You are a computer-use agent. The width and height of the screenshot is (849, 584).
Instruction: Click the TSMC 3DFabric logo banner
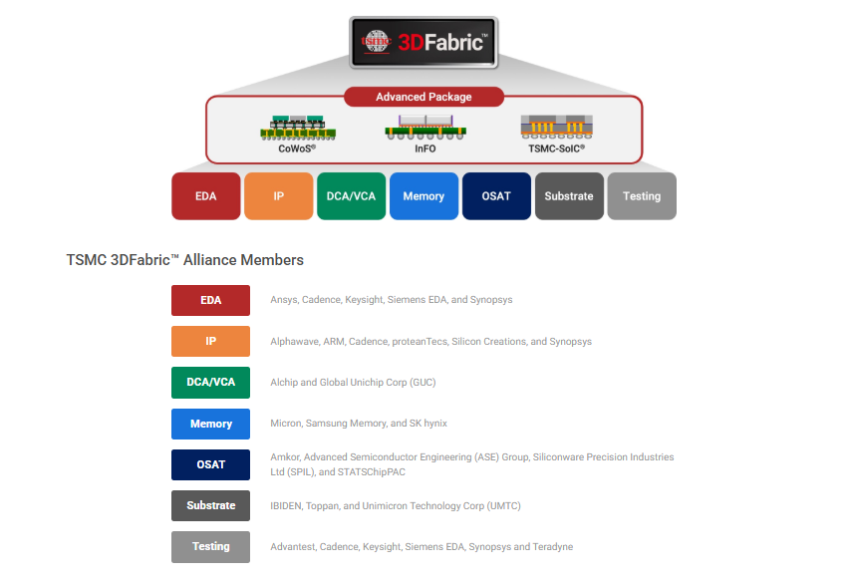point(424,43)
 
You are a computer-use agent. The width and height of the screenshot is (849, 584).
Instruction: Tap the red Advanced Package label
point(424,97)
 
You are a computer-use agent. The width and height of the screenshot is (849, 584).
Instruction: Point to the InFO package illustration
point(424,127)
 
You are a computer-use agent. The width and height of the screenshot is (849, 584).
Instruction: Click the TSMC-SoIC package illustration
point(556,127)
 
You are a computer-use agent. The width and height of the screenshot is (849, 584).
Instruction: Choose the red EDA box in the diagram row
point(206,196)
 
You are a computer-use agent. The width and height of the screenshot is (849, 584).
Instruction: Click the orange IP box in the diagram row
point(278,196)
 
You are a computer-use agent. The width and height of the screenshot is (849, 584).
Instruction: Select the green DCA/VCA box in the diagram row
point(351,196)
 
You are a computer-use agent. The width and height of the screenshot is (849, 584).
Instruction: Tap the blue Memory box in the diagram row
point(424,196)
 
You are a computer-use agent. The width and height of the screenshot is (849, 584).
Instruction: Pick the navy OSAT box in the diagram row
point(496,196)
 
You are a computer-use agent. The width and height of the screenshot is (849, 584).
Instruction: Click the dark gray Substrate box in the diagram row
point(569,196)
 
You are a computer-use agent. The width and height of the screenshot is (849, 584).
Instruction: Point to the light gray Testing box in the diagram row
point(642,196)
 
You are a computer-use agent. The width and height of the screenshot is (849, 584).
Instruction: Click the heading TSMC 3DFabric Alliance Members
point(184,260)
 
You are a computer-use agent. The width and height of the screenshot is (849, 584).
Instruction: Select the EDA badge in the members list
point(210,300)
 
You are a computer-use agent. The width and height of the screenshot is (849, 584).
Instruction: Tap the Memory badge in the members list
point(210,424)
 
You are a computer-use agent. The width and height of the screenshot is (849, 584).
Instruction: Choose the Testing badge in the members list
point(210,547)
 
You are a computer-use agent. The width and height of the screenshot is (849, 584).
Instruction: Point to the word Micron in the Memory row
point(285,424)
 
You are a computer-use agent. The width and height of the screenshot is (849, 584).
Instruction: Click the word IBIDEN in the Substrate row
point(287,506)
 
